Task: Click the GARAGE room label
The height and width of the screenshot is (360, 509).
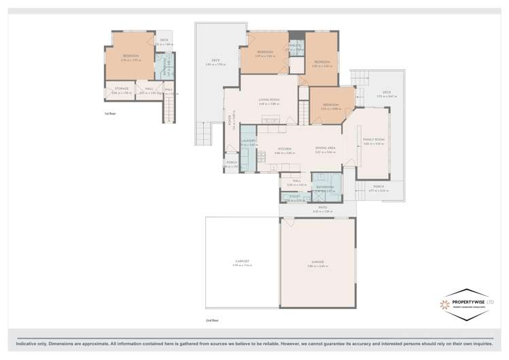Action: pyautogui.click(x=317, y=262)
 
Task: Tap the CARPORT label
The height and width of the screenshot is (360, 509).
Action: pyautogui.click(x=242, y=262)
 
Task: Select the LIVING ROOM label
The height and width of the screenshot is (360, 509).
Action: pyautogui.click(x=268, y=101)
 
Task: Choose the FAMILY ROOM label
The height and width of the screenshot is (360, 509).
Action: pyautogui.click(x=373, y=139)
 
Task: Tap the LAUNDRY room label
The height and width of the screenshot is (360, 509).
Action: pyautogui.click(x=248, y=141)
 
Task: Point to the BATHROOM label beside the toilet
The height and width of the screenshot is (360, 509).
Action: pyautogui.click(x=325, y=187)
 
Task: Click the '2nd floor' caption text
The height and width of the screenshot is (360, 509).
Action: pyautogui.click(x=212, y=319)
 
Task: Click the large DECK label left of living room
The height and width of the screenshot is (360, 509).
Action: pyautogui.click(x=215, y=60)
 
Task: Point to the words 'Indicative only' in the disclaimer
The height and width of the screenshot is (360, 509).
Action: pyautogui.click(x=35, y=344)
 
